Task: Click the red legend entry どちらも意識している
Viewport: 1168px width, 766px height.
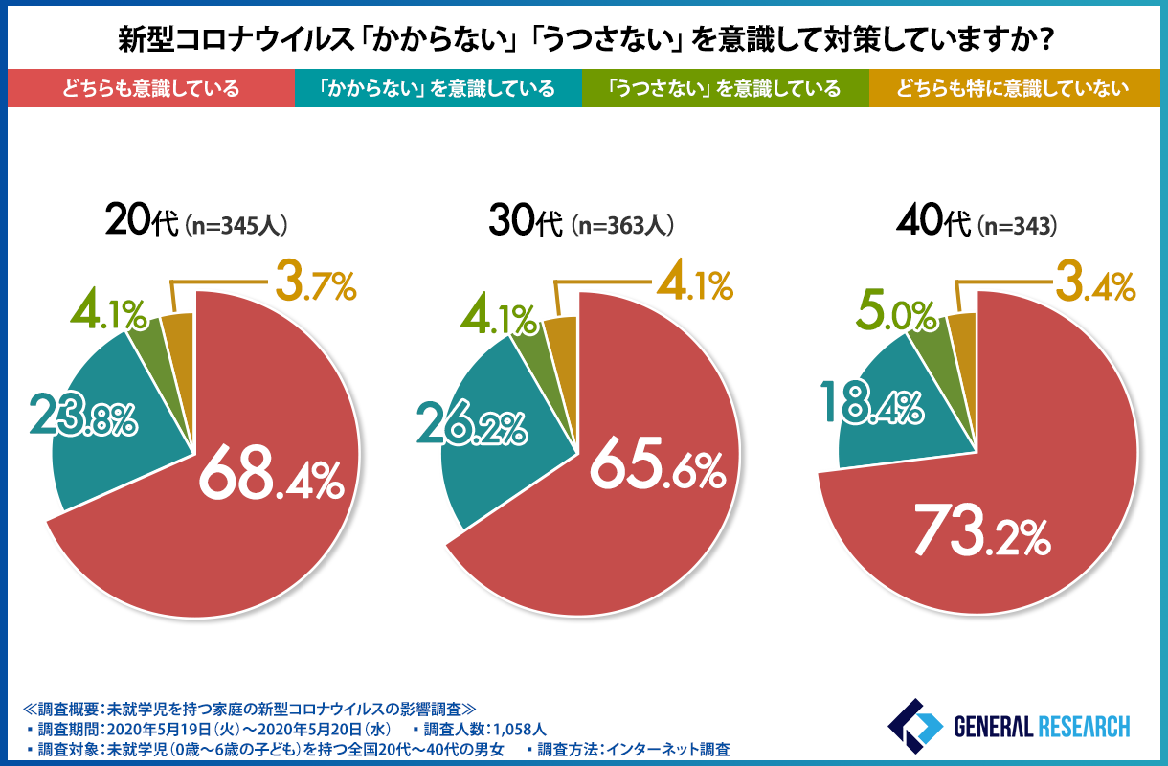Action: tap(150, 89)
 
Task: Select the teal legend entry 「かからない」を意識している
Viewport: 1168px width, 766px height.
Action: tap(438, 89)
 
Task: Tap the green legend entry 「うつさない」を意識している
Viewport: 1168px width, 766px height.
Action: tap(725, 89)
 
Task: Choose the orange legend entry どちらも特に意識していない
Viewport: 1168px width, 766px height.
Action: tap(1014, 89)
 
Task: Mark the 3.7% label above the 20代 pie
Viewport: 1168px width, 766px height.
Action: tap(315, 284)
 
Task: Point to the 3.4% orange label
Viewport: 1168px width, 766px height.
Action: tap(1095, 284)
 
